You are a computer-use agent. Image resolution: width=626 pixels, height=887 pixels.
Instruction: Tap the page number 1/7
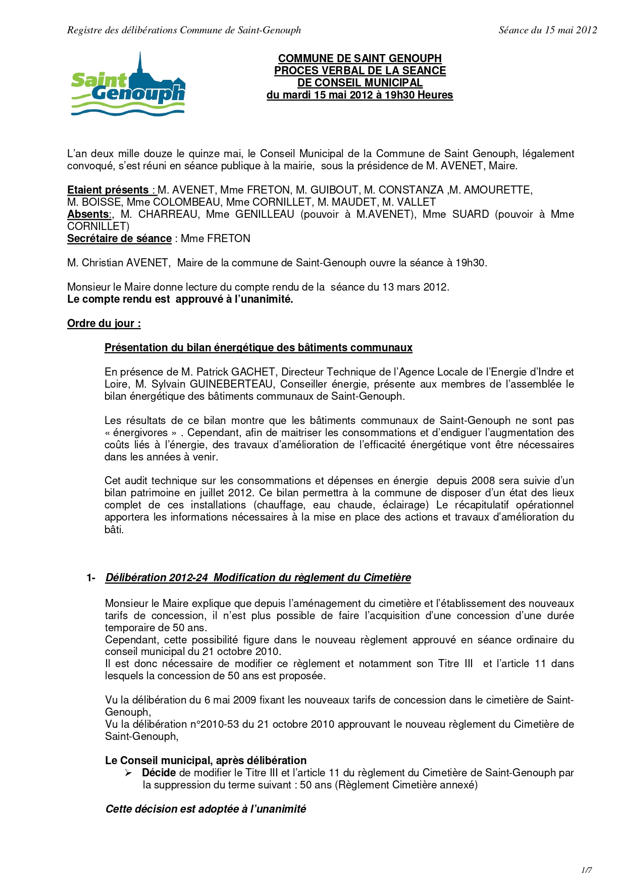point(586,870)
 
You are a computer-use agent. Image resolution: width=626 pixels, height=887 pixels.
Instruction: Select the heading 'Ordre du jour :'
point(104,323)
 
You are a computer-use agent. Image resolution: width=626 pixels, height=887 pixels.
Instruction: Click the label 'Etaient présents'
point(108,190)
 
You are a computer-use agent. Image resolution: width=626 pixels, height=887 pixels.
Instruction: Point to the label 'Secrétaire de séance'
point(119,239)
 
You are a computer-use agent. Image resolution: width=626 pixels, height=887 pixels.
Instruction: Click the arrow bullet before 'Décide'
point(128,773)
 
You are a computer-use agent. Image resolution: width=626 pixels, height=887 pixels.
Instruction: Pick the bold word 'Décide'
point(159,773)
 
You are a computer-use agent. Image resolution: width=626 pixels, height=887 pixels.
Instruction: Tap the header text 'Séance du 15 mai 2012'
point(548,30)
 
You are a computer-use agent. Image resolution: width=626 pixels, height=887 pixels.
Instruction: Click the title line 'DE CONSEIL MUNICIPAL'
point(359,83)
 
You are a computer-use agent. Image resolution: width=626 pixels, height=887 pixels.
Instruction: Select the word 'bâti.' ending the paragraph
point(114,530)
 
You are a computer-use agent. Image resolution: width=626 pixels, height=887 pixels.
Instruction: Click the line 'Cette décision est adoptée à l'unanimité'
point(205,809)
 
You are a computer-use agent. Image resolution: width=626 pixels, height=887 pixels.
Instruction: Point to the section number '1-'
point(91,578)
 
